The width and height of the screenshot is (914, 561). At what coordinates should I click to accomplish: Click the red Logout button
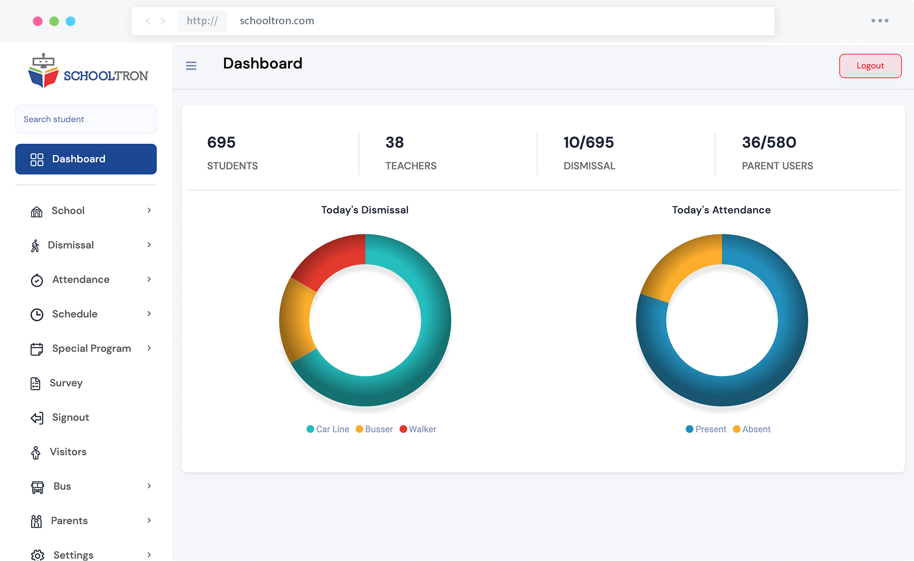point(870,66)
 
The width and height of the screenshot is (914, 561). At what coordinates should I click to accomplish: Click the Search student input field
point(86,119)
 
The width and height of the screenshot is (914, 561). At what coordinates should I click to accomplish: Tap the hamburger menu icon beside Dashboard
point(191,66)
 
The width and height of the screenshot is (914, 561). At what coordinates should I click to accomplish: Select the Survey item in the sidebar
point(66,383)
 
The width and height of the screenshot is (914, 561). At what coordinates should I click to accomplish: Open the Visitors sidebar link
point(68,452)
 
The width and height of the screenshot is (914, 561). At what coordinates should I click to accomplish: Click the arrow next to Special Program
point(149,348)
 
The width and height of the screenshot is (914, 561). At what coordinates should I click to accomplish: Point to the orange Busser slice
point(295,320)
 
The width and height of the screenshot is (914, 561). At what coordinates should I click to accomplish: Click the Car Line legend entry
point(328,429)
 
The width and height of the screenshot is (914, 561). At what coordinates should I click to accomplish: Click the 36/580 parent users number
point(769,142)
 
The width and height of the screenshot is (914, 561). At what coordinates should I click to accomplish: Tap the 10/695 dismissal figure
point(588,142)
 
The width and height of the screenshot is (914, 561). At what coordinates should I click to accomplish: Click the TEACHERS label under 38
point(410,166)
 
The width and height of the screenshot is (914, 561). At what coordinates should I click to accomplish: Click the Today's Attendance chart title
point(721,210)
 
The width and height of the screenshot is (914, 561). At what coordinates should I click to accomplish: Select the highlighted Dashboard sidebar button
point(86,159)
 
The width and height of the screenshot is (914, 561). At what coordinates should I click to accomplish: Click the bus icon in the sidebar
point(37,487)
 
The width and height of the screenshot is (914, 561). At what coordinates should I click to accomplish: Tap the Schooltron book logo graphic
point(43,71)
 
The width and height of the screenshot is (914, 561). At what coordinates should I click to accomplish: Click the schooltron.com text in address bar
point(276,21)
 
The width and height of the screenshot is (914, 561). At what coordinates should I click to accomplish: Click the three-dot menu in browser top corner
point(879,21)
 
